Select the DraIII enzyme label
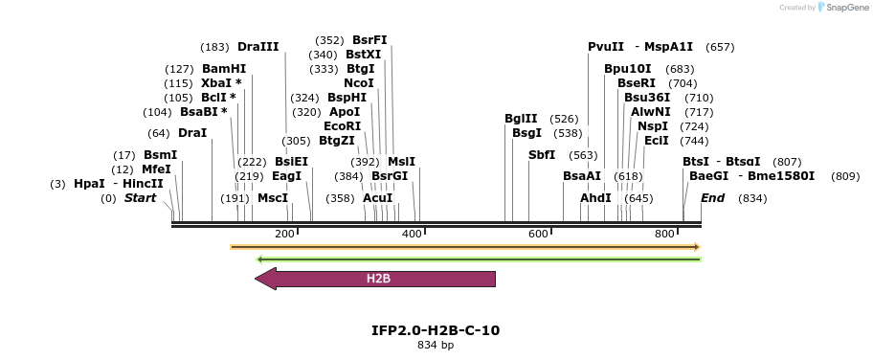click(258, 47)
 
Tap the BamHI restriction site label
click(224, 69)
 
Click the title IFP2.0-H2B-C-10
click(436, 330)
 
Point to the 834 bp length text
click(436, 345)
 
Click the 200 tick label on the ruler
click(284, 235)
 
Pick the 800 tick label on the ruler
click(664, 235)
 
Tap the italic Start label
click(140, 198)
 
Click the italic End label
click(713, 198)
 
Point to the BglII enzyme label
click(521, 119)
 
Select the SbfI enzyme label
click(542, 155)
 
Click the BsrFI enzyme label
click(369, 40)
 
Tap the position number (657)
click(720, 47)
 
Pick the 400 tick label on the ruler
click(412, 235)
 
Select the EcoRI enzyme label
click(343, 126)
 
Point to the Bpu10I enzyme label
click(628, 69)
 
